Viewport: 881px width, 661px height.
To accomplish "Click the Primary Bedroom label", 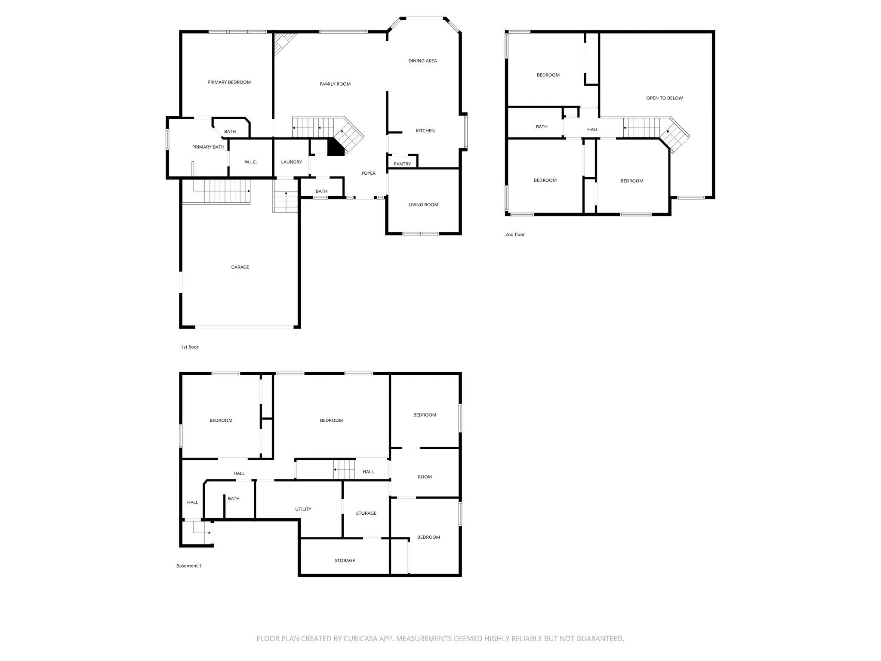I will [x=229, y=82].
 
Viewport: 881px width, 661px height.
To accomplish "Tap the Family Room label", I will [x=335, y=84].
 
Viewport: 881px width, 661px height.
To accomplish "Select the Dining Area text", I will [x=422, y=61].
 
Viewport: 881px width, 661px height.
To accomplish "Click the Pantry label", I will [x=402, y=164].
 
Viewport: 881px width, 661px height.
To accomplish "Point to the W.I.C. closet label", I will [x=251, y=162].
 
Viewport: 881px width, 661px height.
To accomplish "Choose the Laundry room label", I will [x=291, y=162].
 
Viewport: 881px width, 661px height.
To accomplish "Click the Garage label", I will [x=240, y=267].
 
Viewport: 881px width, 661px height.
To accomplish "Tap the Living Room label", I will [x=423, y=204].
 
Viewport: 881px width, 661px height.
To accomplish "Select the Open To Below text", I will [x=664, y=98].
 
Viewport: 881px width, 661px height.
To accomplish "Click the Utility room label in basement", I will [x=303, y=509].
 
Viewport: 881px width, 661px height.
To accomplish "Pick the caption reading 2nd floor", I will [x=515, y=235].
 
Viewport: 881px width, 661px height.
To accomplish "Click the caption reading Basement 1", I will [x=188, y=566].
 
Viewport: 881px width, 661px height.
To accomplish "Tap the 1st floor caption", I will [x=190, y=347].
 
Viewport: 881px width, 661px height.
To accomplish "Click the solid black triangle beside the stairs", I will [x=334, y=148].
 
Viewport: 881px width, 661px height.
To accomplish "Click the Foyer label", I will [x=368, y=173].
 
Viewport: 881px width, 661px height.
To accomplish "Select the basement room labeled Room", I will [x=425, y=477].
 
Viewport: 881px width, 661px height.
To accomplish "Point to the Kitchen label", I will [x=425, y=130].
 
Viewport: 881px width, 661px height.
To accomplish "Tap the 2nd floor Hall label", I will [x=592, y=130].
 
